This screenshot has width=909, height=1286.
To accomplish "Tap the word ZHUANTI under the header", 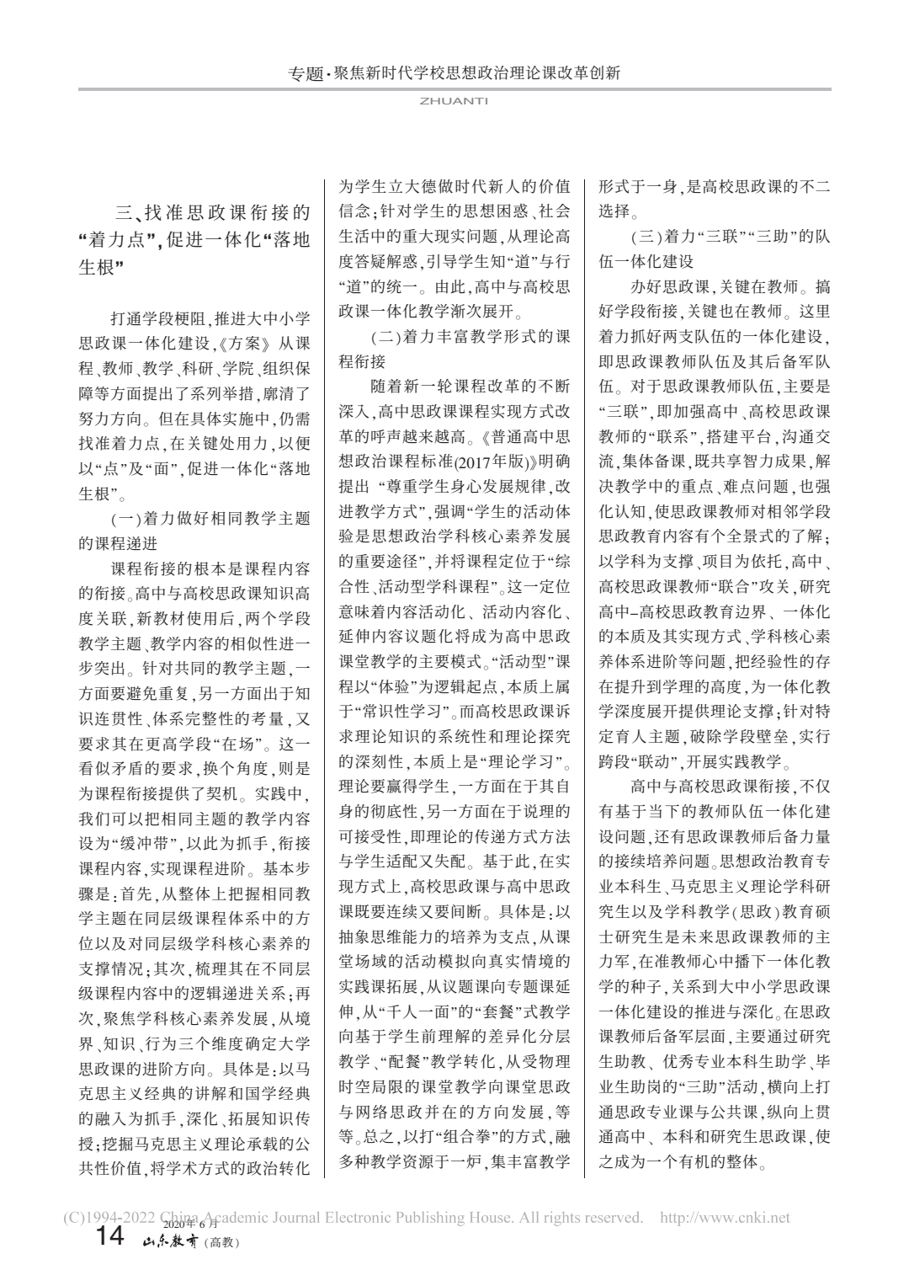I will [x=454, y=99].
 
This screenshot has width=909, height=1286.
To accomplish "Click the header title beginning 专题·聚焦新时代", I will [x=454, y=73].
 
